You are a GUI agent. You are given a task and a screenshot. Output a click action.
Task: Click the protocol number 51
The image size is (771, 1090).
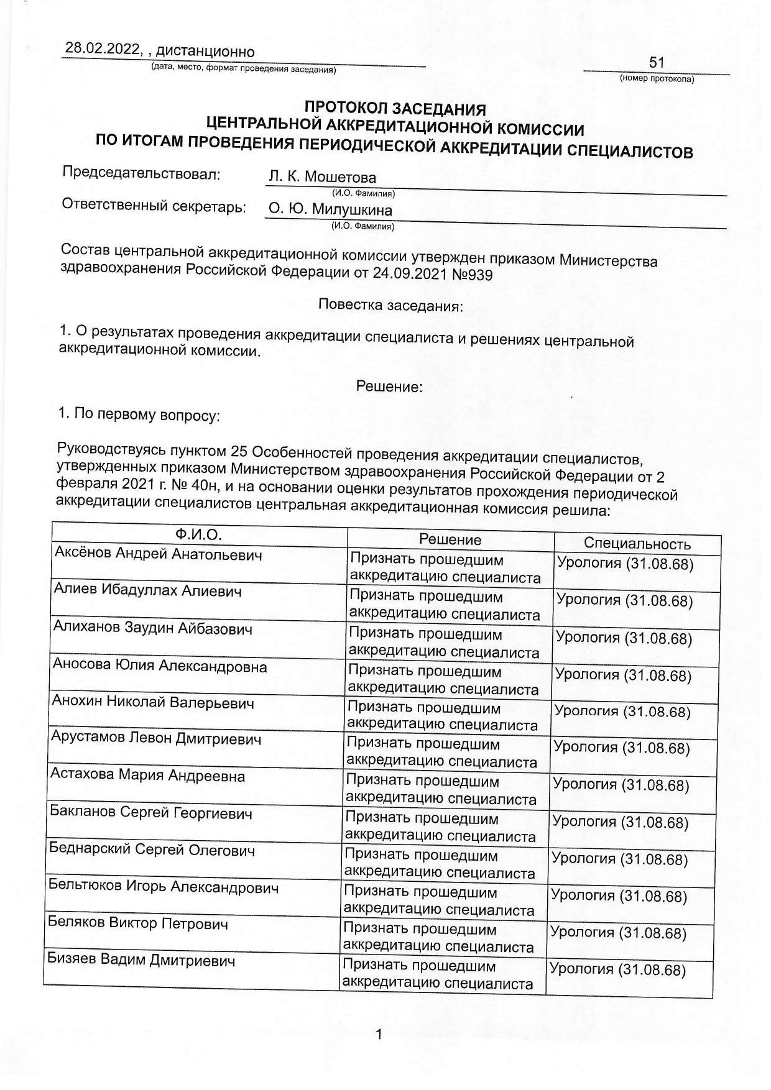tap(657, 62)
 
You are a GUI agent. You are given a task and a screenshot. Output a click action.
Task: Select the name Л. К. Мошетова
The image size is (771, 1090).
tap(322, 177)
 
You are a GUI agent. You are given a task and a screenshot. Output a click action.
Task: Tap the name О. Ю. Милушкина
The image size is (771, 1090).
tap(330, 209)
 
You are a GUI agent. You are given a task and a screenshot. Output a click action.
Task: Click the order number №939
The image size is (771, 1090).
tap(474, 274)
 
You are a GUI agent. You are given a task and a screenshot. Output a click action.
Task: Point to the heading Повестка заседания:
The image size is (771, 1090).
tap(390, 306)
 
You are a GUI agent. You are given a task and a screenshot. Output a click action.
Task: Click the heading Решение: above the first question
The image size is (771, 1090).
tap(389, 387)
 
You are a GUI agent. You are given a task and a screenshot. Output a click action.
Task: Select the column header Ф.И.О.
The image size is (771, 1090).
tap(198, 534)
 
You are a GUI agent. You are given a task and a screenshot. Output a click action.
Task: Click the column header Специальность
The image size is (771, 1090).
tap(637, 544)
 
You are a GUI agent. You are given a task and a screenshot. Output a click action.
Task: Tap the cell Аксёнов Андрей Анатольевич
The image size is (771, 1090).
tap(159, 554)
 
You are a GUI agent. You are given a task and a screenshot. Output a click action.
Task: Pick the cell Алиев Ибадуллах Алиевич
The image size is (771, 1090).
tap(147, 590)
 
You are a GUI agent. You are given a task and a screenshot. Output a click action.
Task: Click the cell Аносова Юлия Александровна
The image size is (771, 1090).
tap(160, 666)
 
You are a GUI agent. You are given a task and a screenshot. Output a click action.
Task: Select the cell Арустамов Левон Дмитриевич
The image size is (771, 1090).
tap(156, 739)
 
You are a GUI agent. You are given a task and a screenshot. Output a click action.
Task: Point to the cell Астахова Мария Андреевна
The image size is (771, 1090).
tap(147, 776)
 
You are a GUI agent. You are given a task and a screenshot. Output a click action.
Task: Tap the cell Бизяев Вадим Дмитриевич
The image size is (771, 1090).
tap(142, 960)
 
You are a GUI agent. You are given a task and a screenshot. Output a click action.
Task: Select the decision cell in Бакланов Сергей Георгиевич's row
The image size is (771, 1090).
tap(440, 827)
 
